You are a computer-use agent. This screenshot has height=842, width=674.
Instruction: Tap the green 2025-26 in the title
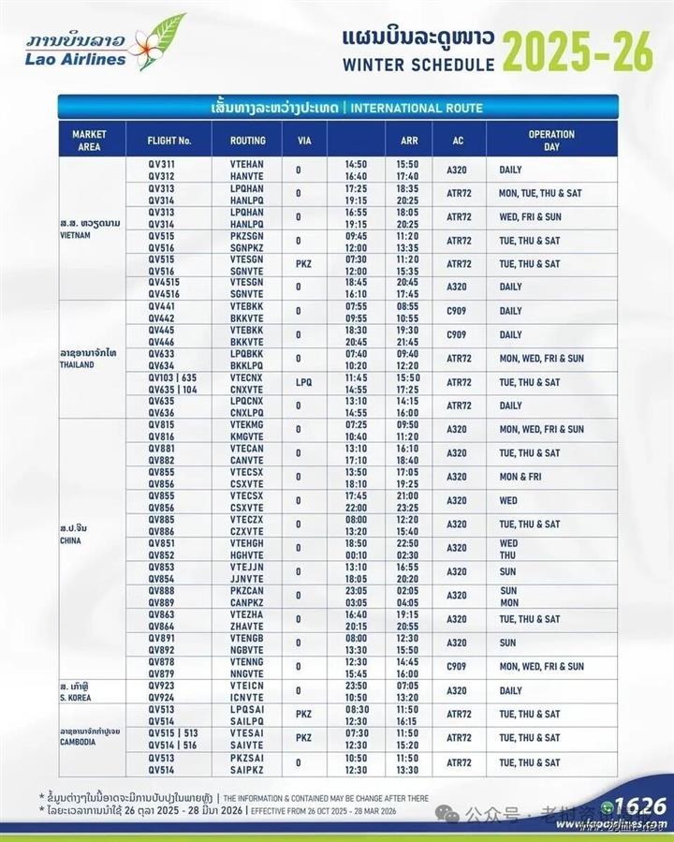(577, 51)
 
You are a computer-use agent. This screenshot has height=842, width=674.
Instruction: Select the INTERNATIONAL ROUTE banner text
(413, 108)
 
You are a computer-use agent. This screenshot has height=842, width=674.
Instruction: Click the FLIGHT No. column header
(169, 140)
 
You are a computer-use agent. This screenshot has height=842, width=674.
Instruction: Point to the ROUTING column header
(247, 140)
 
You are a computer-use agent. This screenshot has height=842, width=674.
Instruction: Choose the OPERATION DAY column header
(551, 140)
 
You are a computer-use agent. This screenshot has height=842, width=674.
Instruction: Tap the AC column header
(455, 140)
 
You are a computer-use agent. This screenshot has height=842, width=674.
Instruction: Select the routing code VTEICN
(246, 685)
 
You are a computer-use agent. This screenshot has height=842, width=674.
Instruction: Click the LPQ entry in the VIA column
(303, 382)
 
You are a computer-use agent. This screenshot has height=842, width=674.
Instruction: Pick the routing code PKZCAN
(246, 590)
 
